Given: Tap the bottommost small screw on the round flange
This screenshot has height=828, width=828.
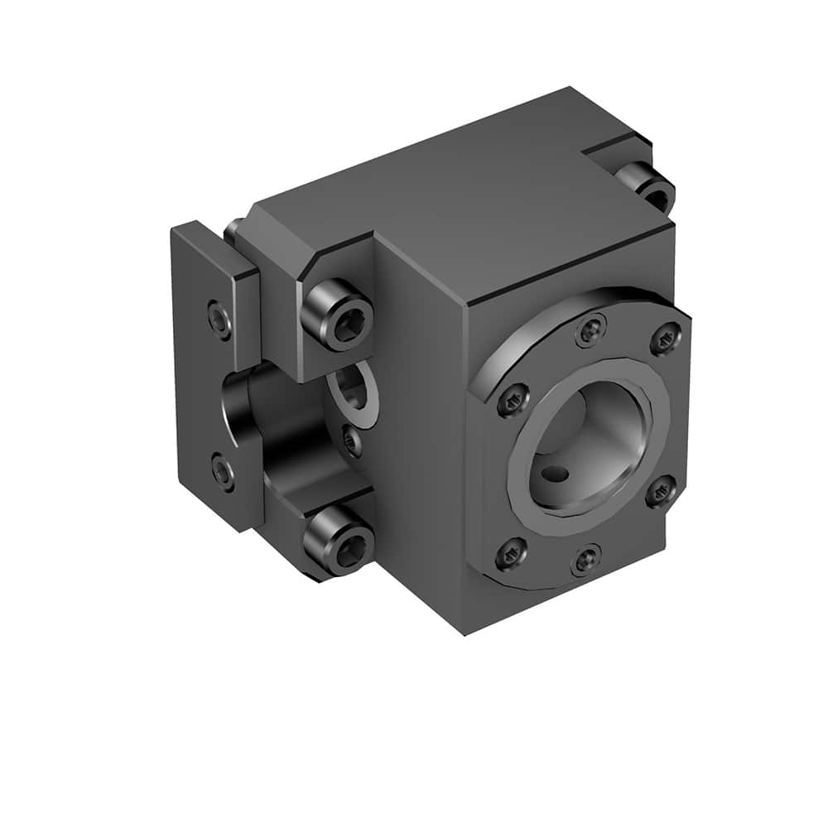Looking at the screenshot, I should (587, 560).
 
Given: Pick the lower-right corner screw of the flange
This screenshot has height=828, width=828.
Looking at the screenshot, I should (660, 493).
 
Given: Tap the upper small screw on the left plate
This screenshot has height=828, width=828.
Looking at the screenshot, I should (220, 320).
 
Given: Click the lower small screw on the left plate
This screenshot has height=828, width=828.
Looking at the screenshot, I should (222, 471).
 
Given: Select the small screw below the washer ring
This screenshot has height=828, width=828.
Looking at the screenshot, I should (353, 440).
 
